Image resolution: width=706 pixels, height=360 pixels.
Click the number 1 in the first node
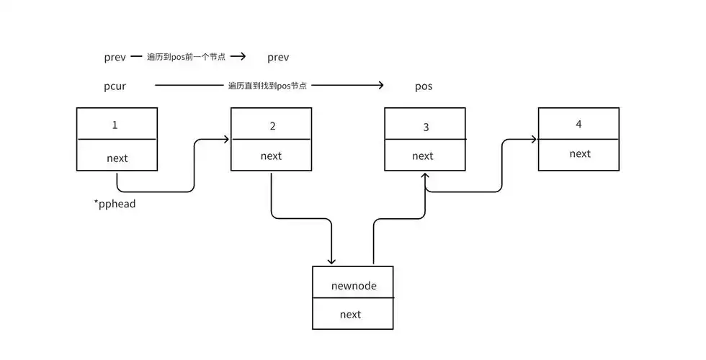click(115, 125)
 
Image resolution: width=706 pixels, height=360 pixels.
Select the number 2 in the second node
click(272, 126)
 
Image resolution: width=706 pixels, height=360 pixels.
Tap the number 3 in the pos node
click(426, 127)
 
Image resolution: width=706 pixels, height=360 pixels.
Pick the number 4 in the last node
click(578, 124)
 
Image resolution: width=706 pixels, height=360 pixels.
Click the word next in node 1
click(117, 158)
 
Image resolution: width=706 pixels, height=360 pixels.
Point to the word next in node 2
click(271, 156)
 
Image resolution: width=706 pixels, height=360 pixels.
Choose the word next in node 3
click(423, 156)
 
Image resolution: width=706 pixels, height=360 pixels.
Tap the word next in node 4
click(580, 153)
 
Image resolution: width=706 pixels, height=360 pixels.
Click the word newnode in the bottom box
click(354, 286)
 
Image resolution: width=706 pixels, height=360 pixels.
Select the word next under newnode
click(350, 314)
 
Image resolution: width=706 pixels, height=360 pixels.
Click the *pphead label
click(115, 204)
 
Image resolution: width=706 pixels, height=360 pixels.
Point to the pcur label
click(115, 86)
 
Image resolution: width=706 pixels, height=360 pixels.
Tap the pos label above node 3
click(424, 86)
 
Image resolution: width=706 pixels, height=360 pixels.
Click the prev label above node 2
click(278, 57)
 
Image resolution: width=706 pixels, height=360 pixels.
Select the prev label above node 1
click(115, 57)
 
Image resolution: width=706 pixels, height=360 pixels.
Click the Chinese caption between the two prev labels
click(186, 56)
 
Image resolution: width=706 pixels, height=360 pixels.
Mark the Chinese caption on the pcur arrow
click(267, 86)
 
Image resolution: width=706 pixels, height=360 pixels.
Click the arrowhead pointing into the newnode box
click(332, 260)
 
